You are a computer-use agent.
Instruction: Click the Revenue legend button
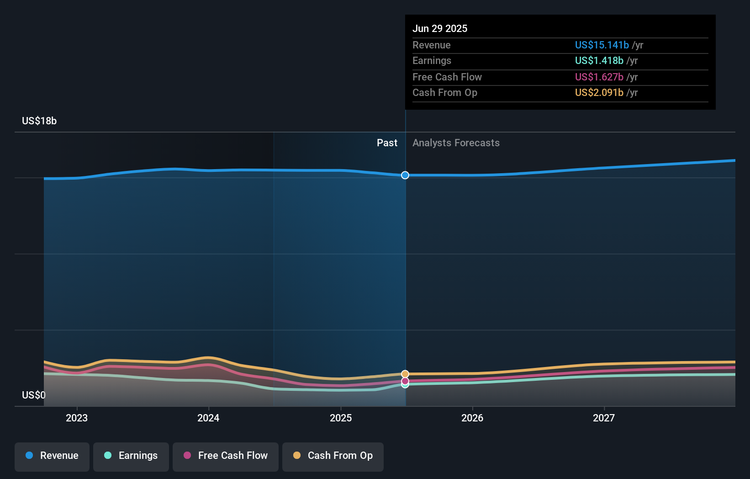coord(52,456)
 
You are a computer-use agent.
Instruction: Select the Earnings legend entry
coord(131,456)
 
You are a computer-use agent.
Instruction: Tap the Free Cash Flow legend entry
coord(226,456)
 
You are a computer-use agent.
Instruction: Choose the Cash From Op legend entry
coord(333,456)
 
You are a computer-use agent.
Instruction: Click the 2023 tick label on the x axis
coord(77,418)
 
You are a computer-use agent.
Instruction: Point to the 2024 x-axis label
coord(208,418)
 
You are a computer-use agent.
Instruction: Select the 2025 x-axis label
coord(341,418)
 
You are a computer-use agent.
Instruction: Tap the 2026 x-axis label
coord(472,418)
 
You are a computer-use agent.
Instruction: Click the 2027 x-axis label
coord(604,418)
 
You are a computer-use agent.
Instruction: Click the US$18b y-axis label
coord(39,121)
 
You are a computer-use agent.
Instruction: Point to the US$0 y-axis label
coord(34,395)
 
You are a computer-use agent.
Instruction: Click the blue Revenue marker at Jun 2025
coord(405,175)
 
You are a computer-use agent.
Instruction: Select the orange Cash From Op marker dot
coord(405,374)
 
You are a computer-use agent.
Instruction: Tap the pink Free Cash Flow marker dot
coord(405,381)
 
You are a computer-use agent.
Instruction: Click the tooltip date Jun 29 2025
coord(440,28)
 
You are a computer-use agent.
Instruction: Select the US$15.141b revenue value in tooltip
coord(602,45)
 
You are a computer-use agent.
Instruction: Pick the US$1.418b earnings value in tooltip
coord(599,60)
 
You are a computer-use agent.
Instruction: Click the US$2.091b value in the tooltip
coord(599,92)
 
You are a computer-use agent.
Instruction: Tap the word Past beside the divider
coord(387,143)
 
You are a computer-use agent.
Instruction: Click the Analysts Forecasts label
coord(456,143)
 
